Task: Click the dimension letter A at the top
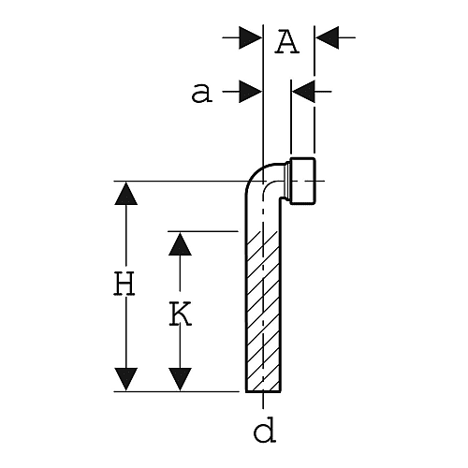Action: pos(287,42)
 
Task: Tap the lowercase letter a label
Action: pos(202,93)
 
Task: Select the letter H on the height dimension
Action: pos(124,284)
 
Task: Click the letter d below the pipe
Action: pos(265,430)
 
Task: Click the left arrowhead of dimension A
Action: pos(250,37)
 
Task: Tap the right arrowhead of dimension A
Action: pos(327,37)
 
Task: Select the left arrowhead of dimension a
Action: pos(250,92)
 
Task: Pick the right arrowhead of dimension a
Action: pos(303,92)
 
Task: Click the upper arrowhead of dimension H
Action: pos(126,194)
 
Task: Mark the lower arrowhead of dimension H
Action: pos(126,379)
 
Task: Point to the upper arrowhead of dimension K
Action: pos(180,244)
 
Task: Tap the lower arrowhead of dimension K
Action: pos(180,379)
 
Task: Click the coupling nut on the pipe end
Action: pos(302,181)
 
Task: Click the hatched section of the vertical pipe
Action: pos(263,312)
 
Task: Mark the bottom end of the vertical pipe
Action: pos(263,391)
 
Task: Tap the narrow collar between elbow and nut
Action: pos(287,182)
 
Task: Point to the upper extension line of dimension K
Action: pos(203,231)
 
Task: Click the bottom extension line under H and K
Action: pos(176,391)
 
